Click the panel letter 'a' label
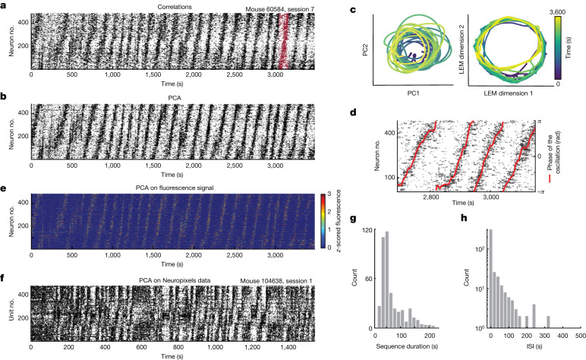click(5, 6)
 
